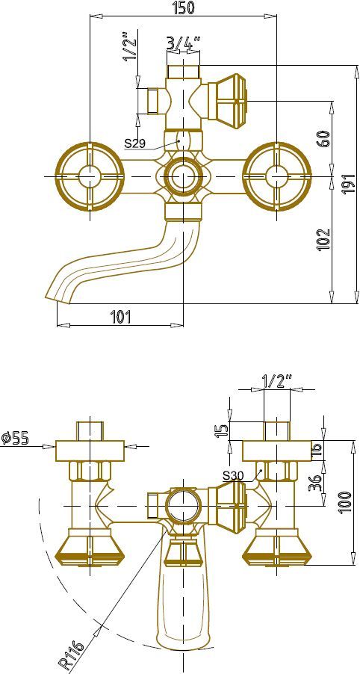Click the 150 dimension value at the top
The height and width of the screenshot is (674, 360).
coord(182,7)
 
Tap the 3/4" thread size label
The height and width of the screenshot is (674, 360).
coord(184,43)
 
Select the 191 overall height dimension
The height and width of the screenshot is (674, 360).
coord(348,184)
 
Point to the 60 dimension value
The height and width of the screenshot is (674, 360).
coord(324,138)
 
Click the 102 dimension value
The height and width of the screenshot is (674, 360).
coord(324,239)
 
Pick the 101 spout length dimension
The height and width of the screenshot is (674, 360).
coord(121,317)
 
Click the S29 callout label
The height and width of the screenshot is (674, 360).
coord(135,143)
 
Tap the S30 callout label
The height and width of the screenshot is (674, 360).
coord(233,475)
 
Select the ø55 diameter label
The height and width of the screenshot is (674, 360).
coord(15,438)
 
